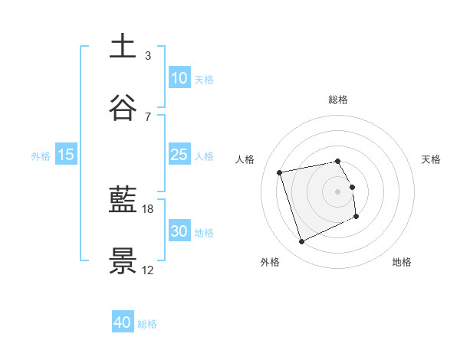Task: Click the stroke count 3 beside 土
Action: point(147,55)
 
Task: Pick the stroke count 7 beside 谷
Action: point(147,116)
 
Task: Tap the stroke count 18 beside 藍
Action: point(149,208)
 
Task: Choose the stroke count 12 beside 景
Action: point(149,270)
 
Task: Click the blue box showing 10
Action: point(179,78)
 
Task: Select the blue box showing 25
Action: point(179,155)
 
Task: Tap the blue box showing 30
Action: point(179,231)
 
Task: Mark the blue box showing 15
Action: point(66,155)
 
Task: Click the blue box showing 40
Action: point(123,323)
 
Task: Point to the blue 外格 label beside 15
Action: point(41,155)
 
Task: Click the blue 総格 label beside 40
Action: point(147,324)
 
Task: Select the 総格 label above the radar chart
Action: point(338,100)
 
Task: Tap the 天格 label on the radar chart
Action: point(431,159)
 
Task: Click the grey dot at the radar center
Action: point(338,191)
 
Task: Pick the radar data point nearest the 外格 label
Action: point(301,242)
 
